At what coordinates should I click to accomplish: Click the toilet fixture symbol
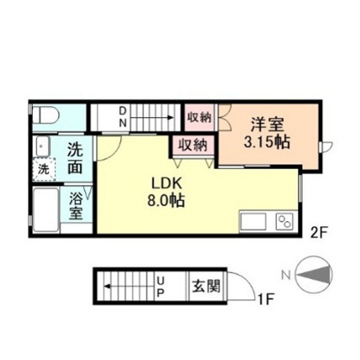click(x=46, y=116)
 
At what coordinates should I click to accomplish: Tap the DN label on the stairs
click(x=123, y=117)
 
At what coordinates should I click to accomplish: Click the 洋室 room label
click(x=267, y=125)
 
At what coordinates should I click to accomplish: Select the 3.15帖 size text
click(x=267, y=142)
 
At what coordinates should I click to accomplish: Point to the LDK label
click(x=166, y=183)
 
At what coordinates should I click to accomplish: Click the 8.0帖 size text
click(x=166, y=201)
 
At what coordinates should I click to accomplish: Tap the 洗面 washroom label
click(x=75, y=159)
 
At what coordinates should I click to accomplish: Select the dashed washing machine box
click(x=44, y=170)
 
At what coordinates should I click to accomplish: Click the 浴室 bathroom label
click(x=76, y=206)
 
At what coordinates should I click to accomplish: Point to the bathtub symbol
click(x=46, y=210)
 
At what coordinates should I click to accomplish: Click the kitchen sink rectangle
click(x=253, y=221)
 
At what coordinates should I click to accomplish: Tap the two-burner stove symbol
click(x=285, y=221)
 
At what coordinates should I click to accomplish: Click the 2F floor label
click(x=318, y=233)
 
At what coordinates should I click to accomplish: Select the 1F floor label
click(x=265, y=299)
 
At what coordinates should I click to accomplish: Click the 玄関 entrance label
click(x=206, y=286)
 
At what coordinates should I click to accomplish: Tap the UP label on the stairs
click(x=161, y=286)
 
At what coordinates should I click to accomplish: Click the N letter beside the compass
click(x=286, y=274)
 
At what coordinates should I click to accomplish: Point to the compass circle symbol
click(x=314, y=274)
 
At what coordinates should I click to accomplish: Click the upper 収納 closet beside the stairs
click(x=199, y=118)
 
